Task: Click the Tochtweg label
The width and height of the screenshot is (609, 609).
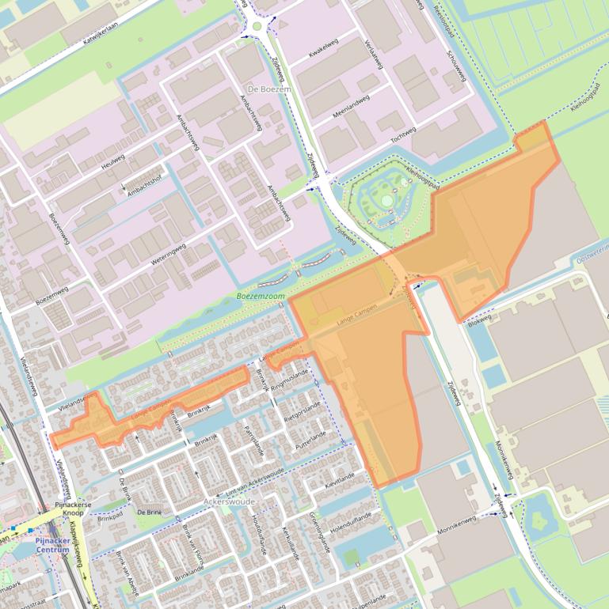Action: [402, 135]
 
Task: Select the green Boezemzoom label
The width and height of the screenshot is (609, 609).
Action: [260, 297]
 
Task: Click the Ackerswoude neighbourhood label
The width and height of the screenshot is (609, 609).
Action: [230, 501]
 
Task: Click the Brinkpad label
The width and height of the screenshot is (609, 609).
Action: [112, 520]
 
